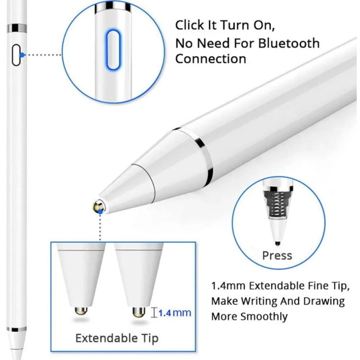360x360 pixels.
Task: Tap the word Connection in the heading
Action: click(x=211, y=59)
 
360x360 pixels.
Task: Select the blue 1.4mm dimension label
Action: click(x=175, y=313)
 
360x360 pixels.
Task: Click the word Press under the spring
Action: click(x=277, y=256)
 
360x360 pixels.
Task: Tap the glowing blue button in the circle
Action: click(x=113, y=50)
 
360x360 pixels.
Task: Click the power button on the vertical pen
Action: click(x=16, y=55)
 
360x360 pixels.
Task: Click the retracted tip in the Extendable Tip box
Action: click(x=81, y=311)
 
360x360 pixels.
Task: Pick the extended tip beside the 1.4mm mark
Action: click(x=139, y=312)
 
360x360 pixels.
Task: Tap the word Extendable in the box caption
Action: click(x=107, y=338)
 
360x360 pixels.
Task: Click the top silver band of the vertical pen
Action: click(x=17, y=29)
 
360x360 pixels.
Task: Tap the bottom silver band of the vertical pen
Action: click(x=16, y=329)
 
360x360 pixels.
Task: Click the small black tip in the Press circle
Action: click(x=278, y=243)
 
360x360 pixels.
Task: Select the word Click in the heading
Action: click(x=190, y=25)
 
